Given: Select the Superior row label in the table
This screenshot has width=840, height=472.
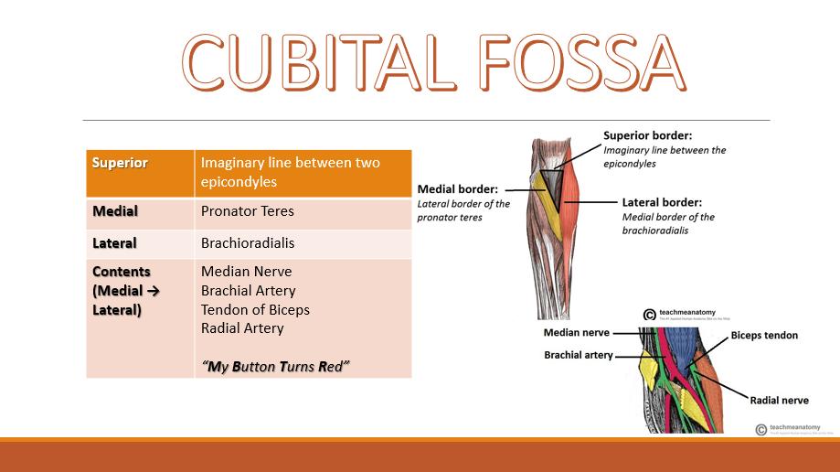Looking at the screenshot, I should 120,163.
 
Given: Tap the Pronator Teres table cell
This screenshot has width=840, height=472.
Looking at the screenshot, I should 247,211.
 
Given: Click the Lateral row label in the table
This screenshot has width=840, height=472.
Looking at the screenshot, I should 114,243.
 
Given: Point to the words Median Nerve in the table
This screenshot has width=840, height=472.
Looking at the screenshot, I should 246,272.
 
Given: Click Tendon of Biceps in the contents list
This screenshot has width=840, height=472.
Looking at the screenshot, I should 255,309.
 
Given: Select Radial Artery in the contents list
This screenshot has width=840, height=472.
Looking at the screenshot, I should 242,328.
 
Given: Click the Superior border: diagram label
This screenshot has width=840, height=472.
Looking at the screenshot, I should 647,135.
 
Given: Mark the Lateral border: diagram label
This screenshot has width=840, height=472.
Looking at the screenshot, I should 662,202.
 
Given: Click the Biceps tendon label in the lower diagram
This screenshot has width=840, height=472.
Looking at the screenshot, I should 764,336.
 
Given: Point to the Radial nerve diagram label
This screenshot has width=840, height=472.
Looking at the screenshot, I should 780,400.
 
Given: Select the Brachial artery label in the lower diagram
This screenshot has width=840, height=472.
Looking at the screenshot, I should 579,354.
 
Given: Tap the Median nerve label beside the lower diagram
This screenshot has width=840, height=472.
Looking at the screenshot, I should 576,333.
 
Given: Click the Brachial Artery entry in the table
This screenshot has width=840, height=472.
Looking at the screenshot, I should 248,291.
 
